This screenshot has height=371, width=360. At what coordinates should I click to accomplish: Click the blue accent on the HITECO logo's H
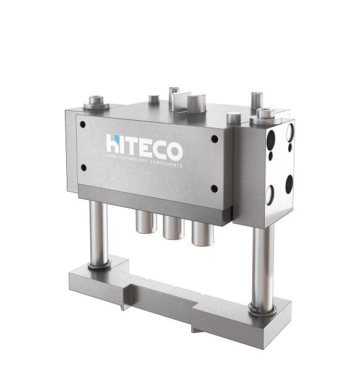pyautogui.click(x=116, y=138)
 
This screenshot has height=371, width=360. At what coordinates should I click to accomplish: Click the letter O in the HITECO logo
pyautogui.click(x=174, y=151)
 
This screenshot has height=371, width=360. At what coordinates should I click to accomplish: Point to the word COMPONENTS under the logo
pyautogui.click(x=166, y=164)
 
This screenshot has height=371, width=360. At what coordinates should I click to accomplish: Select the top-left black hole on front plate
pyautogui.click(x=83, y=124)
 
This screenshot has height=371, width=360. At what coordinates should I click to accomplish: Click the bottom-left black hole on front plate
pyautogui.click(x=84, y=168)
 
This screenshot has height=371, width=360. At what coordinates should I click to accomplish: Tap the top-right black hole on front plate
pyautogui.click(x=215, y=139)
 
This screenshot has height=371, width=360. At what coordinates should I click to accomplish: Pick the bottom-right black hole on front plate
pyautogui.click(x=214, y=189)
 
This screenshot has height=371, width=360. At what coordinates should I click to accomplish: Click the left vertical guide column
pyautogui.click(x=98, y=232)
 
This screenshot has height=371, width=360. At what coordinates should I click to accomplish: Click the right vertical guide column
pyautogui.click(x=263, y=266)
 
